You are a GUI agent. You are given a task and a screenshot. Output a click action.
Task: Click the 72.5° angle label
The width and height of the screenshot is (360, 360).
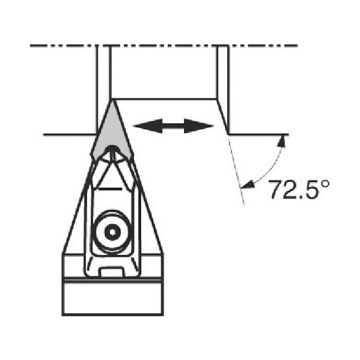[299, 190]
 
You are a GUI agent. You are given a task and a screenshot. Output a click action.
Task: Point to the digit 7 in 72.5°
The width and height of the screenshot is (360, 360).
[276, 190]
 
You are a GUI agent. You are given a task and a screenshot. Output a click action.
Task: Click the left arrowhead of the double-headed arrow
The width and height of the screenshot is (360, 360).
[148, 126]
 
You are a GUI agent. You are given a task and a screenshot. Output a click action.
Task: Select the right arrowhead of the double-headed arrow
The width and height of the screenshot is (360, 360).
[199, 126]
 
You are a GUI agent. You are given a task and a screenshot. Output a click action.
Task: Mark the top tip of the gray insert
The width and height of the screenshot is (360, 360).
[112, 100]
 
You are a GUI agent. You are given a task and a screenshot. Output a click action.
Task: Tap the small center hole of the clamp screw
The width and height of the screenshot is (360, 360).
[113, 232]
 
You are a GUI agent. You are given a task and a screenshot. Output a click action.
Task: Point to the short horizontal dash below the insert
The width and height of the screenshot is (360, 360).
[110, 189]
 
